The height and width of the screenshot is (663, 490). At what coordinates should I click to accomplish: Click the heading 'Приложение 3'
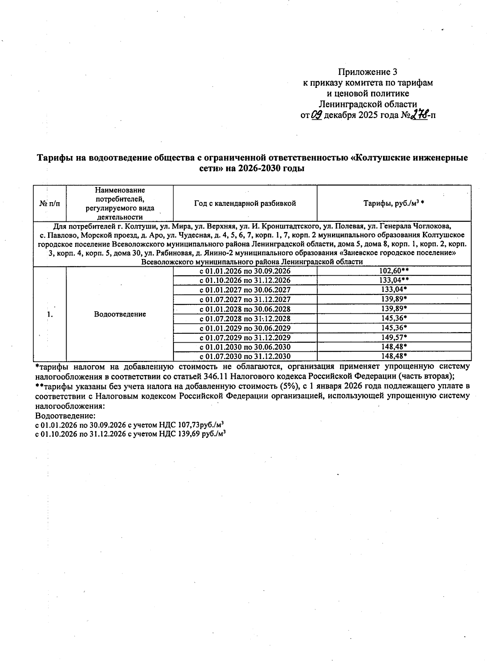[x=367, y=72]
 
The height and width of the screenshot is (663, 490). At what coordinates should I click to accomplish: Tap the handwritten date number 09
[x=317, y=115]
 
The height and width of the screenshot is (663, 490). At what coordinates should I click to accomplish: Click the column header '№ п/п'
[x=49, y=203]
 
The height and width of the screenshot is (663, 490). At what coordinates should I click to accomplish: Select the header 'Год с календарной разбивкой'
[x=245, y=203]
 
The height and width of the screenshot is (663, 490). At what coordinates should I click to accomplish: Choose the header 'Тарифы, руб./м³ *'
[x=394, y=203]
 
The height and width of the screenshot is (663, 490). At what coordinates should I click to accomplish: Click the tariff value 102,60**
[x=394, y=271]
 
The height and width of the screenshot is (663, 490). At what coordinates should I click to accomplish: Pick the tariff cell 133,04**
[x=394, y=280]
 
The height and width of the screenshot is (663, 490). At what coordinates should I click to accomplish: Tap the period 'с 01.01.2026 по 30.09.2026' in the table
[x=245, y=271]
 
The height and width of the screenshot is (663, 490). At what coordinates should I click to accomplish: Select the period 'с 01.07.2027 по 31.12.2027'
[x=245, y=299]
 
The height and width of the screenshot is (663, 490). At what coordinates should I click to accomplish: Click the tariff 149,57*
[x=394, y=337]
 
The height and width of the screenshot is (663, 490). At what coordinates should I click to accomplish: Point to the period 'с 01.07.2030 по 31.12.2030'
[x=245, y=356]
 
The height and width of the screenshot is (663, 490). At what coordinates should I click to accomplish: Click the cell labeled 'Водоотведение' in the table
[x=120, y=314]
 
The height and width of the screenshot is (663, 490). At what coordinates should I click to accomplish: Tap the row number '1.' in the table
[x=50, y=314]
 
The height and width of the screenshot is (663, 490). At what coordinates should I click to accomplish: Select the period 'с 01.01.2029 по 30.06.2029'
[x=245, y=328]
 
